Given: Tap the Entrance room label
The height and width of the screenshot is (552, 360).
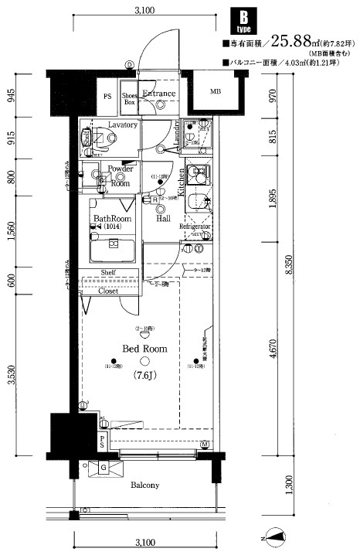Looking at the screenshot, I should click(x=159, y=94).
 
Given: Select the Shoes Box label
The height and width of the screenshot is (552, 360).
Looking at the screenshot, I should click(x=130, y=98).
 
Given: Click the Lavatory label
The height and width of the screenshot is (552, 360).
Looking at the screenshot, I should click(x=123, y=124).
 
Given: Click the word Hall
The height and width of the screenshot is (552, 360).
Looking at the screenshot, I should click(x=163, y=219).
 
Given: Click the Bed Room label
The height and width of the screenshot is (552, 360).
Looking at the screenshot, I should click(x=144, y=349).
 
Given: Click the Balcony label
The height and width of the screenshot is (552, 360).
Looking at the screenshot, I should click(x=144, y=486).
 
